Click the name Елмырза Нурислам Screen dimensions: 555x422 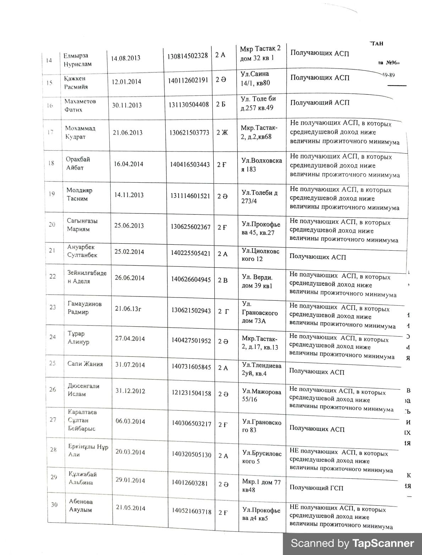click(x=77, y=60)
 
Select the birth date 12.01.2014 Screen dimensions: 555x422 click(x=126, y=82)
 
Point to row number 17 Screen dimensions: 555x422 click(x=50, y=132)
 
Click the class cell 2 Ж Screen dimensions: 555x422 click(x=222, y=133)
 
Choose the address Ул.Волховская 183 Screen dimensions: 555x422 click(x=262, y=165)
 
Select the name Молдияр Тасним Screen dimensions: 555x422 click(x=79, y=194)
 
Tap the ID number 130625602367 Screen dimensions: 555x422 click(x=191, y=227)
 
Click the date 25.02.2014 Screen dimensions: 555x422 click(x=129, y=252)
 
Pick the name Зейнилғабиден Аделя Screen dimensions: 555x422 click(x=87, y=277)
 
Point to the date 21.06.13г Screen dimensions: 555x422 click(x=128, y=309)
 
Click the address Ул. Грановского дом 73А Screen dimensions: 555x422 click(x=259, y=312)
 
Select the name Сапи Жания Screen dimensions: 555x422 click(x=85, y=364)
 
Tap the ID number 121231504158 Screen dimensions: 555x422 click(x=192, y=393)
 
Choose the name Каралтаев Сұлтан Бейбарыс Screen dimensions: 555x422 click(x=82, y=420)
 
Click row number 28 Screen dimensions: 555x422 click(x=53, y=449)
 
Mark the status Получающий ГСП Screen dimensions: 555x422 click(x=316, y=488)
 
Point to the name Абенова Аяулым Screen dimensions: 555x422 click(x=81, y=506)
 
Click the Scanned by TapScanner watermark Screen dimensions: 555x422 click(x=352, y=543)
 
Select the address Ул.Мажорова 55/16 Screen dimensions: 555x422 click(x=262, y=395)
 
